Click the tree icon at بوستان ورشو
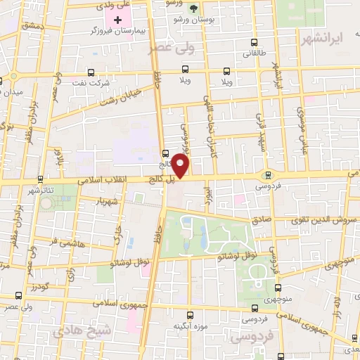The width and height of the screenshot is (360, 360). coord(193,8)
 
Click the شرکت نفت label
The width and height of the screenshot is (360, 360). coord(96,83)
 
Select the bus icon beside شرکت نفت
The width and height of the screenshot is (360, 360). coord(91,72)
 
